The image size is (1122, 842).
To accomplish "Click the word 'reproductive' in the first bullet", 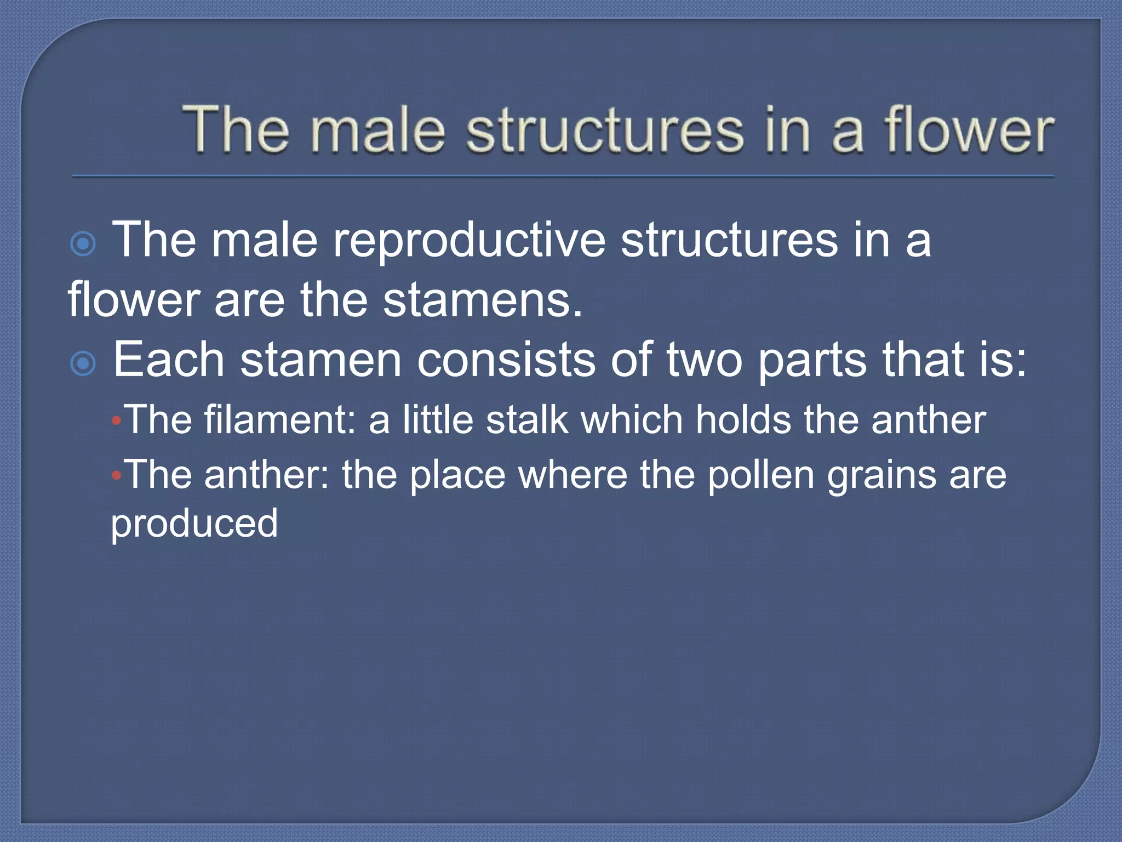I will tap(470, 241).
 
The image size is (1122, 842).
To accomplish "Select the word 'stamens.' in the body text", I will tap(482, 300).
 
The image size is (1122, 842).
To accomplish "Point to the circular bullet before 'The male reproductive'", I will tap(83, 243).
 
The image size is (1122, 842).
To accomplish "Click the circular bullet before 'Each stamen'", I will tap(83, 363).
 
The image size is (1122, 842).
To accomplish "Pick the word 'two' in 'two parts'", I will tap(704, 360).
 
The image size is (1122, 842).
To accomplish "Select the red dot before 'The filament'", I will tap(116, 422).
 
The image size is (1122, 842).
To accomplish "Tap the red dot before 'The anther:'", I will tap(116, 476).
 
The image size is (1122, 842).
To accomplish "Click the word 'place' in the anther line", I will tap(457, 475).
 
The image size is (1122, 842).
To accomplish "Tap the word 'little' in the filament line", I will tap(438, 420).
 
